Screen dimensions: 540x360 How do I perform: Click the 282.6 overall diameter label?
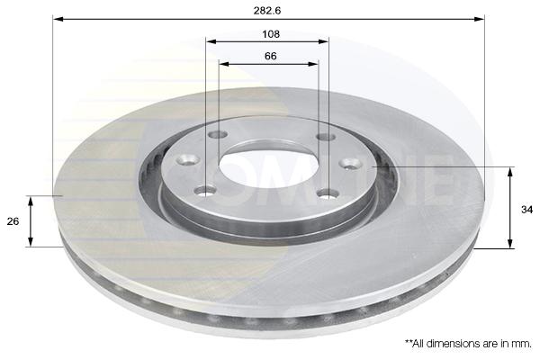tap(267, 11)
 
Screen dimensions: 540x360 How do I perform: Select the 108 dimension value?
tap(271, 34)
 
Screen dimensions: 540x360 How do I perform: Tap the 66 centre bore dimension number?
tap(271, 56)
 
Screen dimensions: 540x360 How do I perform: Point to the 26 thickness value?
tap(13, 221)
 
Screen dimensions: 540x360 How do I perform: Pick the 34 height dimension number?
tap(526, 210)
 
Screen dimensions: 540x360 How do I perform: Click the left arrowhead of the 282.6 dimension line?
tap(58, 19)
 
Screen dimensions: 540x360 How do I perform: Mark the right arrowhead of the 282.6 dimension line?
tap(479, 19)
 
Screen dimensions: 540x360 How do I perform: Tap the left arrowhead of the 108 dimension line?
tap(211, 41)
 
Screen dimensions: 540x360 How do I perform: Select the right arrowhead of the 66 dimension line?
tap(313, 64)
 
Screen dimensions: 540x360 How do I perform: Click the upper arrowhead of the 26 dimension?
tap(31, 202)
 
